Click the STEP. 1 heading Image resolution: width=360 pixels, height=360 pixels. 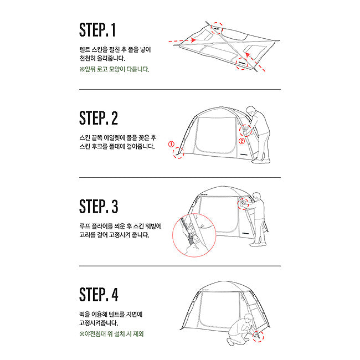[x=97, y=30]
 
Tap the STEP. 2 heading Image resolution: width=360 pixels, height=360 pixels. [x=99, y=118]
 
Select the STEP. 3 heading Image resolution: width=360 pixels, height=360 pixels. [x=99, y=206]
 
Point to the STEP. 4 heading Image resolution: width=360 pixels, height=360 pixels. [x=99, y=294]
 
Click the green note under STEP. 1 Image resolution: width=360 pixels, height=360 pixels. [x=114, y=69]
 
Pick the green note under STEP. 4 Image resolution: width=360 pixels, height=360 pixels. [x=111, y=334]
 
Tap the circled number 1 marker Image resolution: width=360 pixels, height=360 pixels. [x=171, y=144]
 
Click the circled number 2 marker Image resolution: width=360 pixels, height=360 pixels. [x=241, y=141]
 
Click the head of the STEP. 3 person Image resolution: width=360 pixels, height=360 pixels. [x=256, y=197]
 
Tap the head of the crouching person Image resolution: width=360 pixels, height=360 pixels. [x=249, y=318]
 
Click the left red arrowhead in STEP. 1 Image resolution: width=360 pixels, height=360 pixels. [x=193, y=40]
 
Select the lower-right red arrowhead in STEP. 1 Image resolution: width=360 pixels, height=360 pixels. [x=247, y=55]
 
